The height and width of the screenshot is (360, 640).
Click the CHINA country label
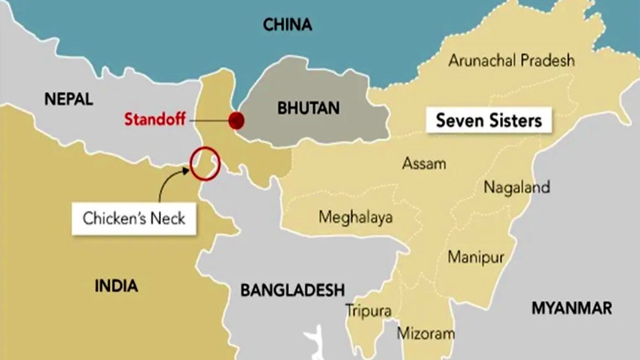287,25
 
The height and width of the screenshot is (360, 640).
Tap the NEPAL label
69,99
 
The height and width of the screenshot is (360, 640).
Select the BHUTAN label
308,108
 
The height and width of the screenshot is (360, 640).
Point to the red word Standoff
154,119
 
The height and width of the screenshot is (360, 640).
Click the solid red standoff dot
236,120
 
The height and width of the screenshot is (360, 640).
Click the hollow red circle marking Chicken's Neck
205,163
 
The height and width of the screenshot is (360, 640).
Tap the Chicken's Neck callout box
133,219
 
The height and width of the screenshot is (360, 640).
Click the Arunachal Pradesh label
511,61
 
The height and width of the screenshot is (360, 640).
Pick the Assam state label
424,163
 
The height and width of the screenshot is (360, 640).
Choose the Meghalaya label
355,218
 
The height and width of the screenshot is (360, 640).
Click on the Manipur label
476,258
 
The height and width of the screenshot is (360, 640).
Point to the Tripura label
368,310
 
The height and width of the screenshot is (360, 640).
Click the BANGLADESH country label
292,289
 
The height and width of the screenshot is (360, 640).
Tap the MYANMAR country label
571,308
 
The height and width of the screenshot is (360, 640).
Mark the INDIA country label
117,285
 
